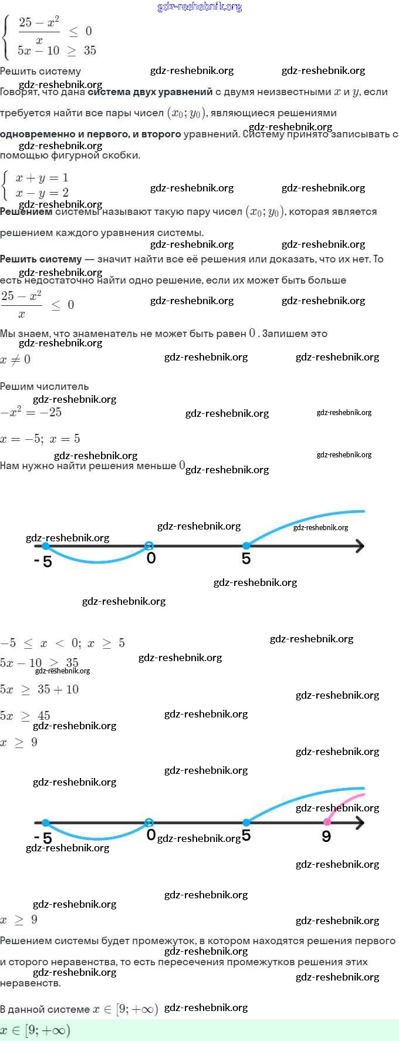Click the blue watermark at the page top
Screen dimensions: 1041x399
(199, 7)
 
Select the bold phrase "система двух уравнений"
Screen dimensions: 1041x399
(150, 92)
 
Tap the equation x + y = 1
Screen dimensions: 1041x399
(42, 178)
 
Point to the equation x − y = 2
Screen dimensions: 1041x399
(42, 193)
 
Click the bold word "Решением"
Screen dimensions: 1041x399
(26, 211)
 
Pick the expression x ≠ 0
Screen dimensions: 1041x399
(15, 360)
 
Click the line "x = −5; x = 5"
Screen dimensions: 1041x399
(40, 439)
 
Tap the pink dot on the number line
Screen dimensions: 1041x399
(327, 822)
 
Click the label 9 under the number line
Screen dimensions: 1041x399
(326, 837)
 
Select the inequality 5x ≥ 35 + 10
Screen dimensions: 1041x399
(39, 689)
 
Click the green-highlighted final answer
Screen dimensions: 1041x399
(35, 1030)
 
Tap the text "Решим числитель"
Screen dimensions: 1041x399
(45, 386)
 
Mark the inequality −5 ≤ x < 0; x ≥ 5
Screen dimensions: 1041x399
(63, 643)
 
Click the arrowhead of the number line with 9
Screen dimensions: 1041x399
(359, 823)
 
